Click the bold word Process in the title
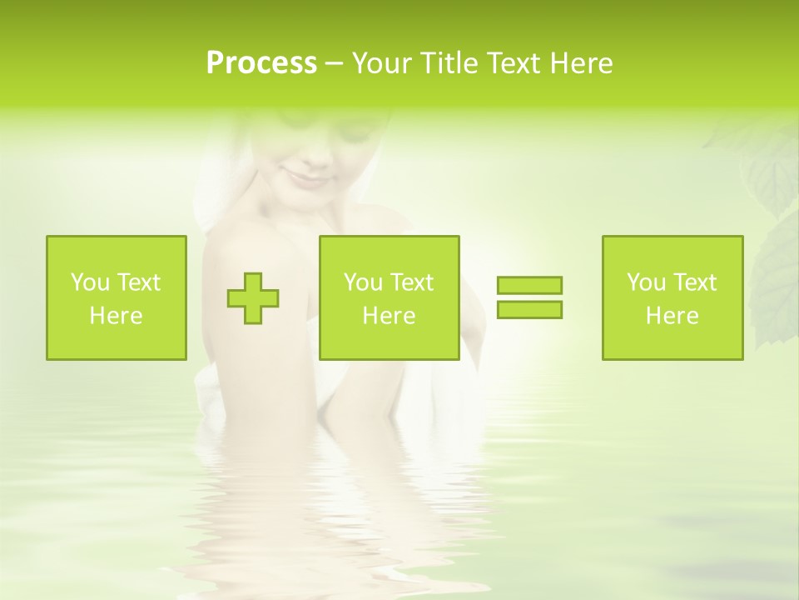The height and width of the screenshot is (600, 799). click(x=261, y=63)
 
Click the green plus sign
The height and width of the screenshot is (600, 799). click(x=253, y=297)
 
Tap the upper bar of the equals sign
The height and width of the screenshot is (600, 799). click(x=529, y=285)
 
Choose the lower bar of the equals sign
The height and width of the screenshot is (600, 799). click(x=529, y=309)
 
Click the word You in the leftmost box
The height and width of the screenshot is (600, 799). click(x=90, y=282)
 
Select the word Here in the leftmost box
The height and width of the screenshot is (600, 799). click(x=116, y=316)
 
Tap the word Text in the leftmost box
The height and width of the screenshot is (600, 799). click(x=137, y=282)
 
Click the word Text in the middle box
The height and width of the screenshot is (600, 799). click(x=411, y=282)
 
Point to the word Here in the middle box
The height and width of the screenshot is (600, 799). click(x=389, y=316)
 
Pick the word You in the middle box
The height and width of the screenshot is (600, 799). click(x=363, y=282)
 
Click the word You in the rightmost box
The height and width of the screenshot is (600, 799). click(x=646, y=282)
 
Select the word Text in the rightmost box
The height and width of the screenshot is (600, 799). click(x=694, y=282)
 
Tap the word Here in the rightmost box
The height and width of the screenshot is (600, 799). click(x=672, y=316)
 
